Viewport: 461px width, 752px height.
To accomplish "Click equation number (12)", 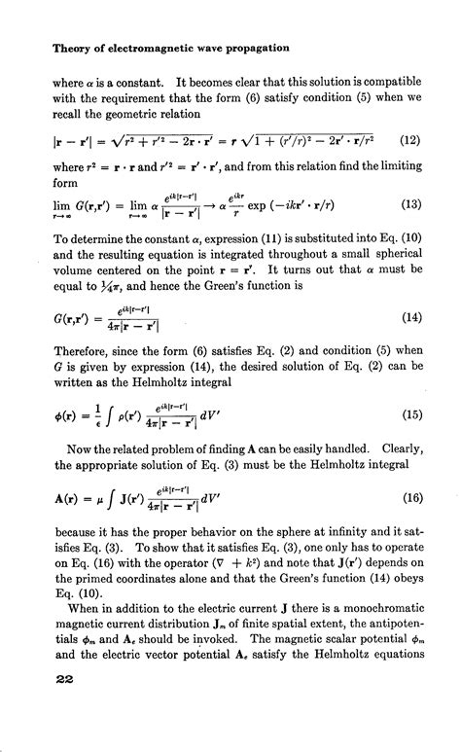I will click(x=408, y=138).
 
